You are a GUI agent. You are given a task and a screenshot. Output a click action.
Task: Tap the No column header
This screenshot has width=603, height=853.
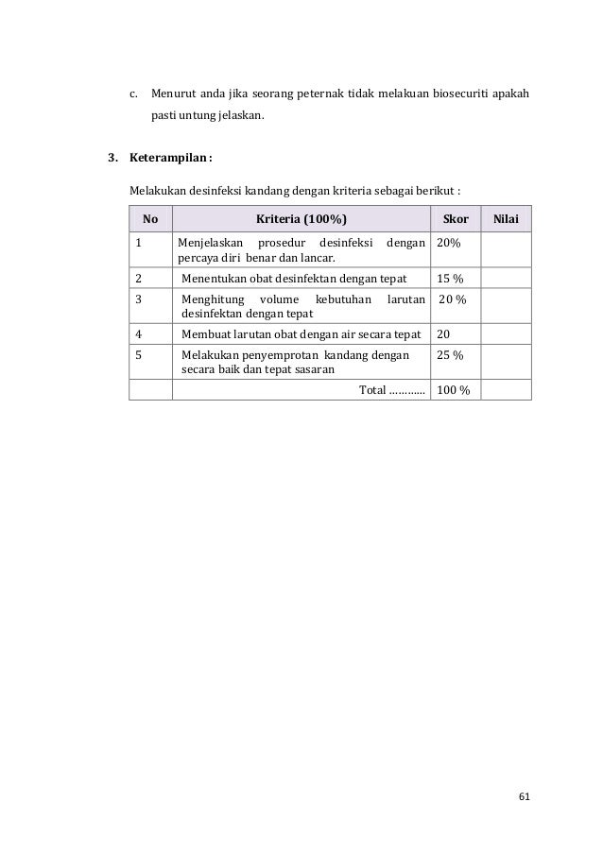150,219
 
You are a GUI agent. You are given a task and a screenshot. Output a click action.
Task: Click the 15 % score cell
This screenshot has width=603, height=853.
449,279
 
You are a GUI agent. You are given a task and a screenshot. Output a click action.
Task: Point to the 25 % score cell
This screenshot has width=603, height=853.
449,355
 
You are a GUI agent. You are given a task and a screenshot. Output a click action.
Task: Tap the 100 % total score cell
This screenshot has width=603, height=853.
453,390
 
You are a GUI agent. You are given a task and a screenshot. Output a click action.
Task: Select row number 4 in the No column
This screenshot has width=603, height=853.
139,333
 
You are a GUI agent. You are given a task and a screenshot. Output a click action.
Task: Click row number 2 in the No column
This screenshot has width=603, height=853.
139,279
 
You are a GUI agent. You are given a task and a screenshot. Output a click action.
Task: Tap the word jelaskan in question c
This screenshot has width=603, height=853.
241,117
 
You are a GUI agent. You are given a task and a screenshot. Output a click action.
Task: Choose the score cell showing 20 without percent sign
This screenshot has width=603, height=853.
443,333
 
